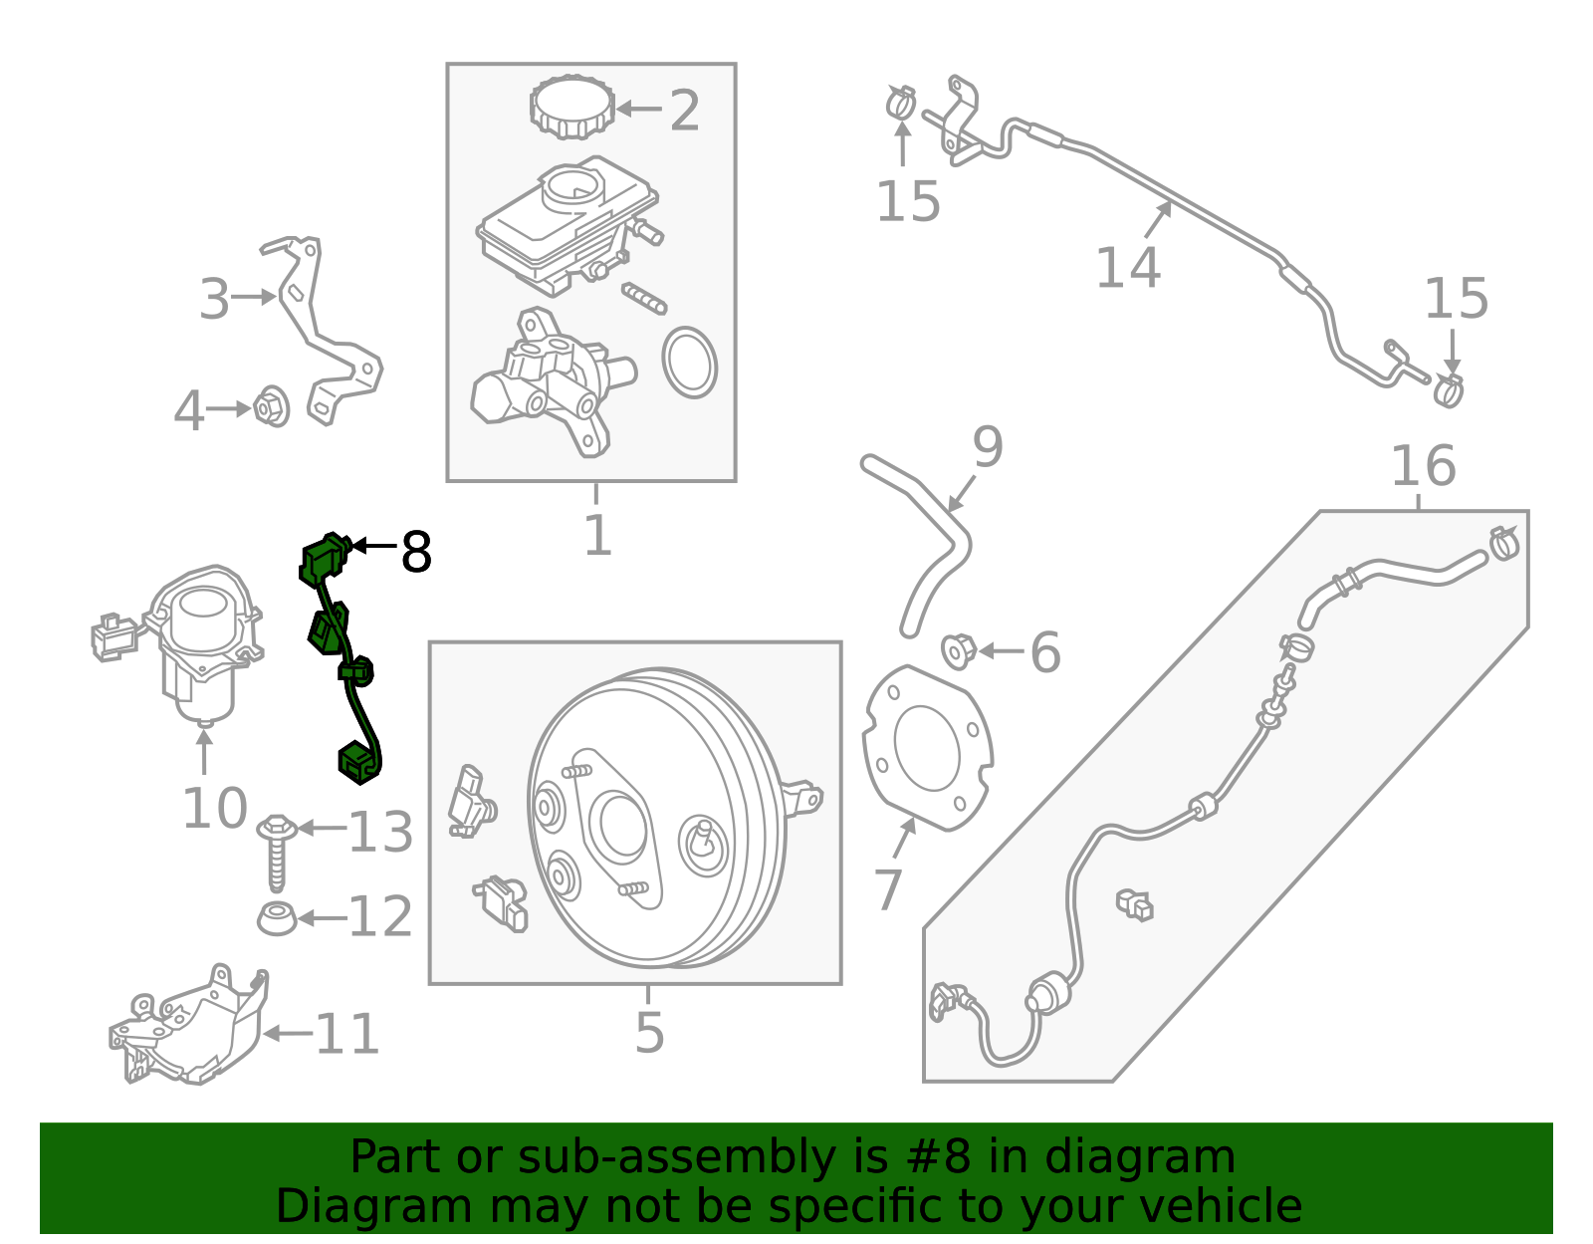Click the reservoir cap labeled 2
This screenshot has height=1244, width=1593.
[571, 107]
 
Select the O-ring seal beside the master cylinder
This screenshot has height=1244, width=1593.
[689, 362]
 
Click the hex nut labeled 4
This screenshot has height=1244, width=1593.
[271, 406]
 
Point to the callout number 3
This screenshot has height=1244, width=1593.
[214, 299]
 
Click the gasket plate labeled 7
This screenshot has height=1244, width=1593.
[926, 747]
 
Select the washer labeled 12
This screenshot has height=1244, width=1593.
[277, 917]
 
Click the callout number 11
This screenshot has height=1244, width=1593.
[347, 1034]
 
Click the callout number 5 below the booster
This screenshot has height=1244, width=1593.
[649, 1032]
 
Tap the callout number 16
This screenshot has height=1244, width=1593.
[1423, 466]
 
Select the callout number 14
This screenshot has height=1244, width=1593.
[1128, 267]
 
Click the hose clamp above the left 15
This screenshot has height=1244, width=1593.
[901, 100]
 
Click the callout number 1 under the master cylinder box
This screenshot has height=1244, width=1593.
[596, 535]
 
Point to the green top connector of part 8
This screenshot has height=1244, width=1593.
[324, 558]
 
